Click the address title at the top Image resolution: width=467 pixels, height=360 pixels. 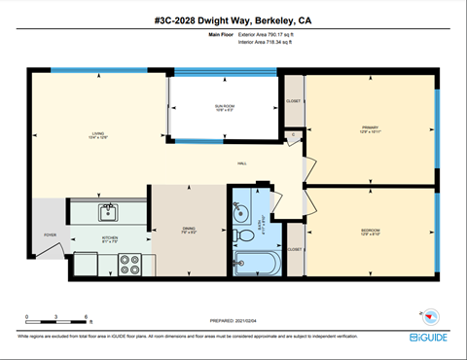click(x=233, y=20)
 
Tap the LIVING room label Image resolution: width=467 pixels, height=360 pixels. click(x=98, y=133)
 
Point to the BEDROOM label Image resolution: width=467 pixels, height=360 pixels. click(x=369, y=231)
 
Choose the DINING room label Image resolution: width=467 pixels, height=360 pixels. click(x=189, y=231)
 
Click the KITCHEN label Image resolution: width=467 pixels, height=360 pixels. click(x=110, y=238)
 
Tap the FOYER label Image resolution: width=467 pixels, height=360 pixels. click(x=50, y=234)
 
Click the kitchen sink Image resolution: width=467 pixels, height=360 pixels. click(x=109, y=212)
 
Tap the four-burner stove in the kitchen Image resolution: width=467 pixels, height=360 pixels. click(x=130, y=261)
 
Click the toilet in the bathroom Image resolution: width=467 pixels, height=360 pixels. click(x=243, y=234)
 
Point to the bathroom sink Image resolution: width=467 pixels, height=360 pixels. click(x=242, y=211)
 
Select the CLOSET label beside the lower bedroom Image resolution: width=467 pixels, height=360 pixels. click(x=295, y=249)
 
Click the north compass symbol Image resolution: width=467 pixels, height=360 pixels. click(x=424, y=314)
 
